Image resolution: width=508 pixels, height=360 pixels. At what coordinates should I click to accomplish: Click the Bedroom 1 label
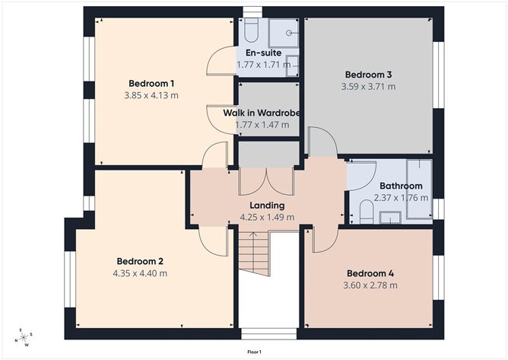click(151, 83)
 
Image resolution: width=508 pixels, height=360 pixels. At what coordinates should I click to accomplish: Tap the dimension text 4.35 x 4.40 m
click(140, 273)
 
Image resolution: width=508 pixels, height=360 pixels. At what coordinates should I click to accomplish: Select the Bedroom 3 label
click(368, 75)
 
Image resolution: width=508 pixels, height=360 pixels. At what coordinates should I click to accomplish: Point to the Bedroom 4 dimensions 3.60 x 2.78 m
click(370, 285)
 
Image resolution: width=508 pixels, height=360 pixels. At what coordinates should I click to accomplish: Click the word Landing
click(267, 205)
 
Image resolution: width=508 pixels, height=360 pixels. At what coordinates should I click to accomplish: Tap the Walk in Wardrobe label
click(262, 113)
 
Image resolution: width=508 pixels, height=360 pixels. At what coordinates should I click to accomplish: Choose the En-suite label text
click(263, 53)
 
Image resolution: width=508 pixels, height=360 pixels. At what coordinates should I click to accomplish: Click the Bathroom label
click(401, 186)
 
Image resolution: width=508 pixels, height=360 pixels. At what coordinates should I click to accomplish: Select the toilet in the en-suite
click(253, 32)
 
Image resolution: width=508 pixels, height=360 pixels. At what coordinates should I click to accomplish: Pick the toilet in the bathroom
click(367, 212)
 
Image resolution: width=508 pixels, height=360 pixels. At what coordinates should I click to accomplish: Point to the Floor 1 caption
click(254, 352)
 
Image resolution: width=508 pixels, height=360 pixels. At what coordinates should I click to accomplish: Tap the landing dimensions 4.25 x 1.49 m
click(267, 217)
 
